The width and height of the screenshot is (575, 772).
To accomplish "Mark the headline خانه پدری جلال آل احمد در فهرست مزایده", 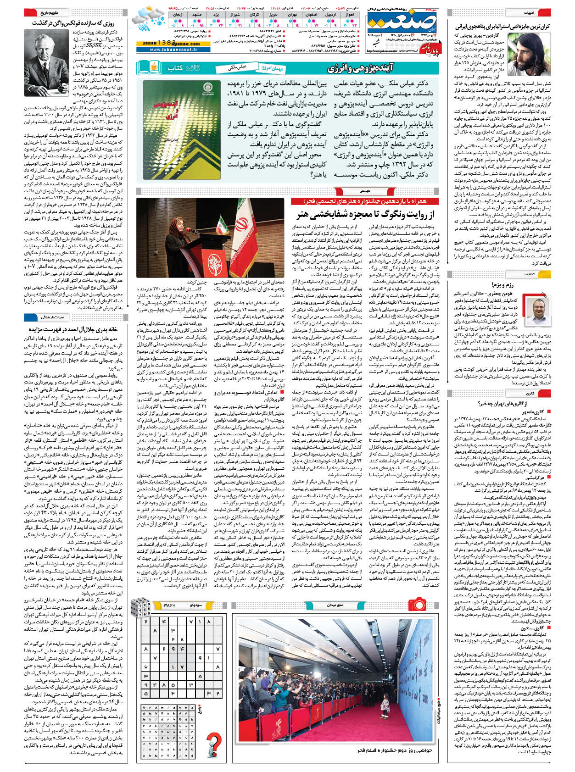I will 73,329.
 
